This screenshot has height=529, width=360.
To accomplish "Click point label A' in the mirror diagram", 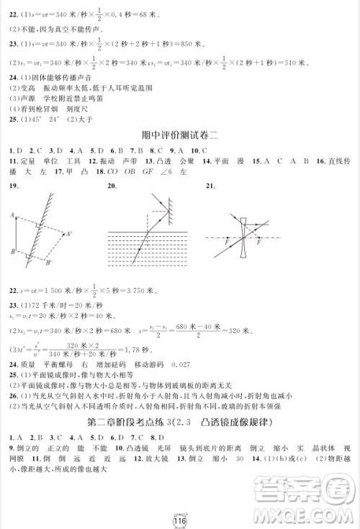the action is [68, 234].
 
